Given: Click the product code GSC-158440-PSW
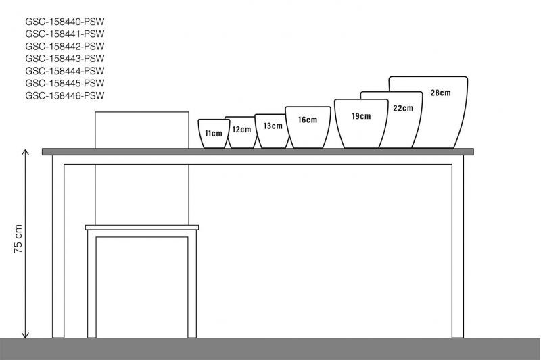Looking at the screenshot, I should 64,21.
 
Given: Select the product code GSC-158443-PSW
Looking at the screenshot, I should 64,58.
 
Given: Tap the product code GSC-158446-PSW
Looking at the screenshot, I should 64,95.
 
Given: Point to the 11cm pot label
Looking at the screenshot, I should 214,134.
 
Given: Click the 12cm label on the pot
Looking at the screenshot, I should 241,130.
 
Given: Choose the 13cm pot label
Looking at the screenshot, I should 273,126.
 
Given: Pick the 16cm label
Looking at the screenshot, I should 307,120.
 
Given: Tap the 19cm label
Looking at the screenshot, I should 361,116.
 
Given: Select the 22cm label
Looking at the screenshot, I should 403,108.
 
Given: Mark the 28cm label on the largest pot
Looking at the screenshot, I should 440,93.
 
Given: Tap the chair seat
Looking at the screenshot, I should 142,228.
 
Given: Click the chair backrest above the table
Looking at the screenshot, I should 142,130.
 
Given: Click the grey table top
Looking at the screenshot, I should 258,152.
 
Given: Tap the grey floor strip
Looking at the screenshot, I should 270,349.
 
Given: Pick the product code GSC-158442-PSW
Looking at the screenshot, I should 64,46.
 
